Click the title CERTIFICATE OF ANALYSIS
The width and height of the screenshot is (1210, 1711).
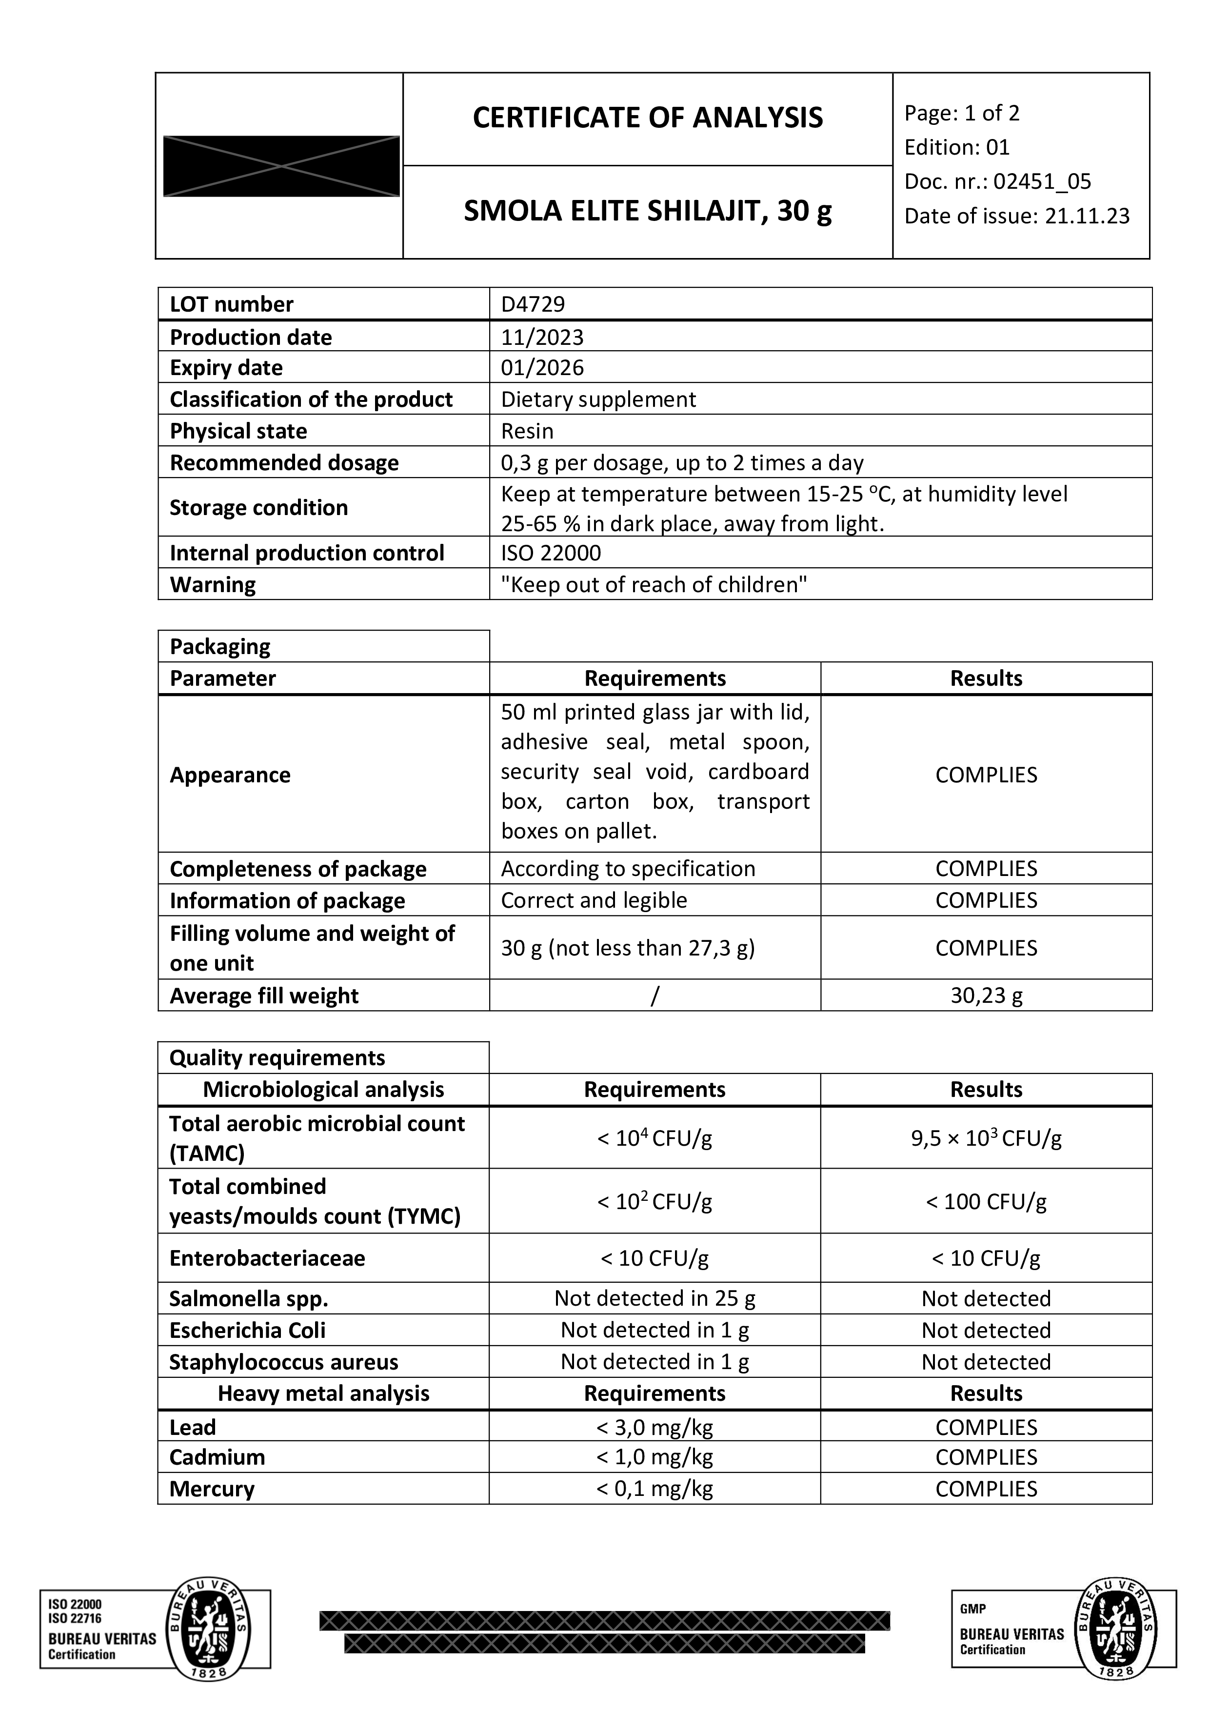648,118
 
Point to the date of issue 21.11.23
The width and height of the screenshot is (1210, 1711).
1087,216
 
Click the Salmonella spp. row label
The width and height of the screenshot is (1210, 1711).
248,1299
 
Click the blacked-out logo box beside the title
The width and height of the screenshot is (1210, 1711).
281,166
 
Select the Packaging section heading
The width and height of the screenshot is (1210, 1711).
220,646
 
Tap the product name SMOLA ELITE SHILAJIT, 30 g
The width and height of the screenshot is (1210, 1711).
648,212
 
